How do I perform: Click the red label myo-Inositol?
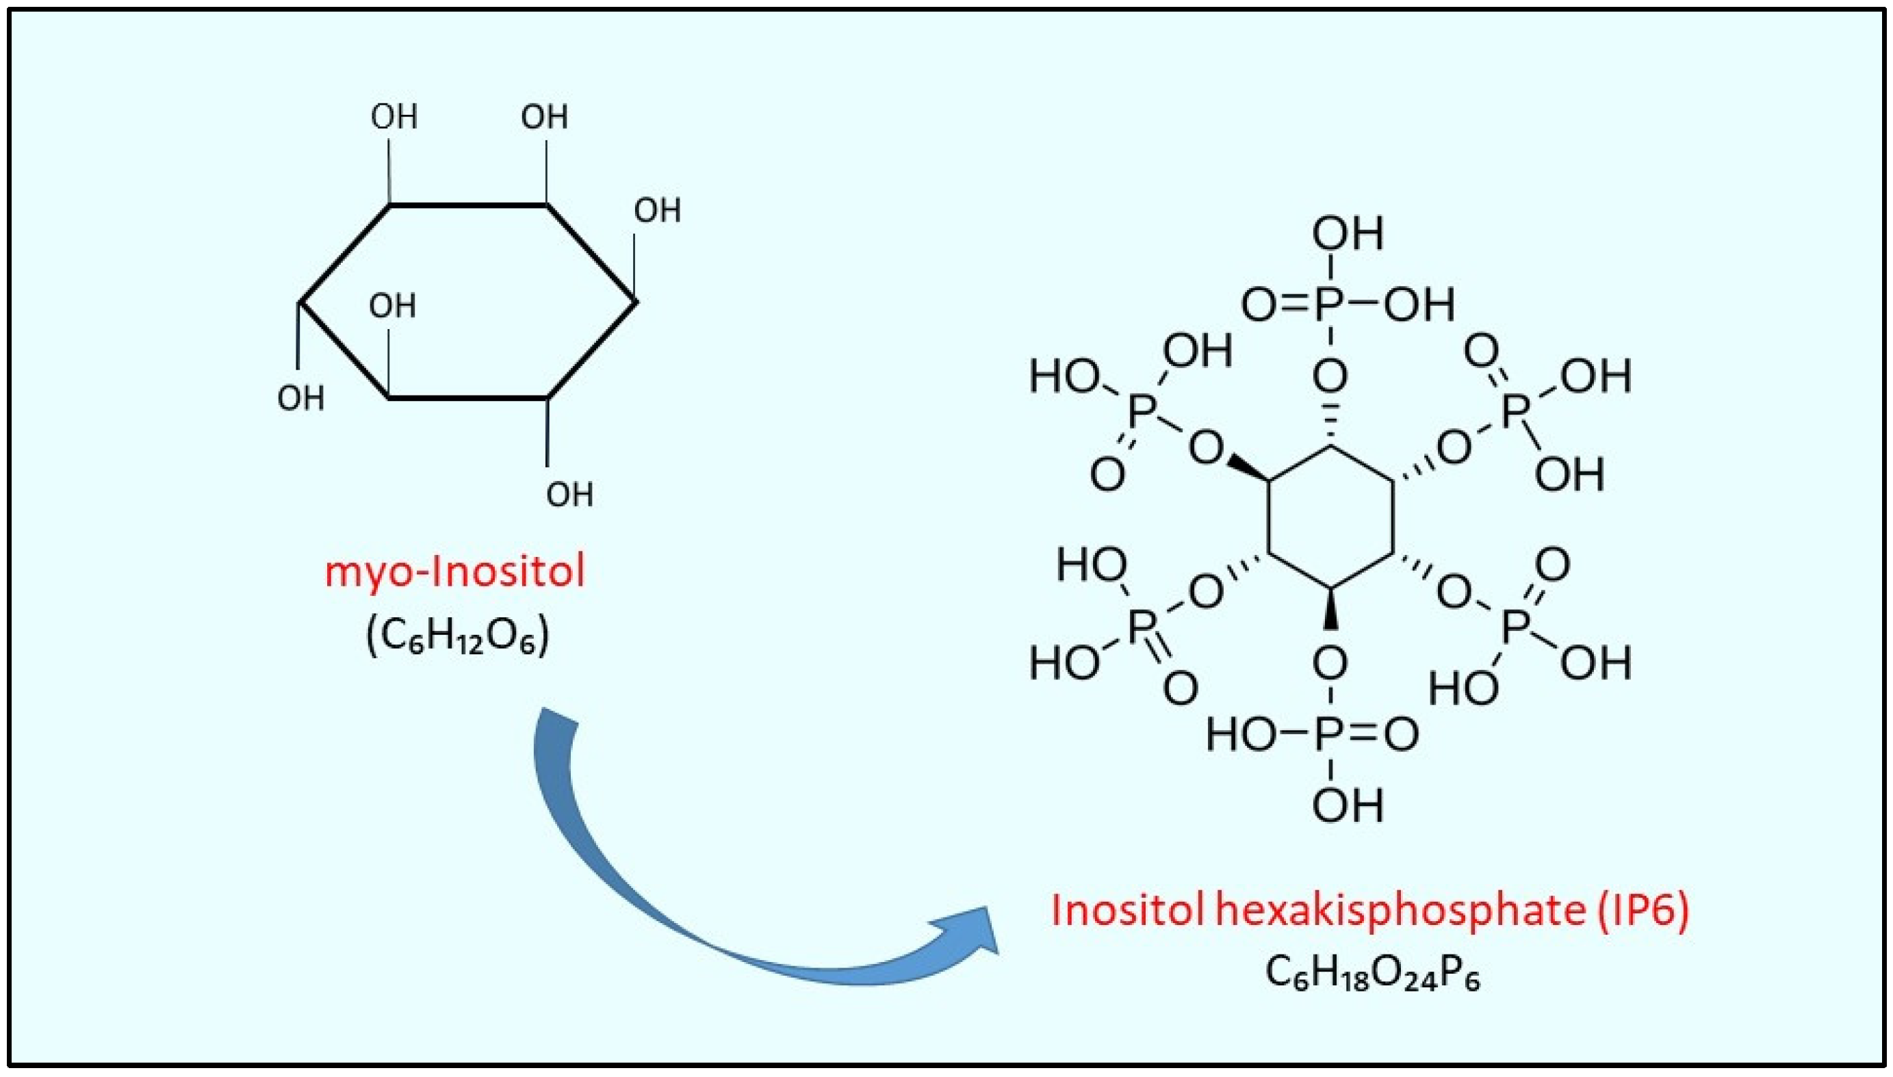(x=454, y=572)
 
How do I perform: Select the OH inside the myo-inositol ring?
(x=392, y=305)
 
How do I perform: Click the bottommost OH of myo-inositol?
(x=569, y=494)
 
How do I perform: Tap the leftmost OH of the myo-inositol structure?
(x=300, y=400)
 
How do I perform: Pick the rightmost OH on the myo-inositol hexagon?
(x=657, y=211)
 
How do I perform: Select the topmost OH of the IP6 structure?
(x=1348, y=235)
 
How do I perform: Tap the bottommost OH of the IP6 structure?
(x=1348, y=805)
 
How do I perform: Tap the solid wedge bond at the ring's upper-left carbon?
(x=1250, y=468)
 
